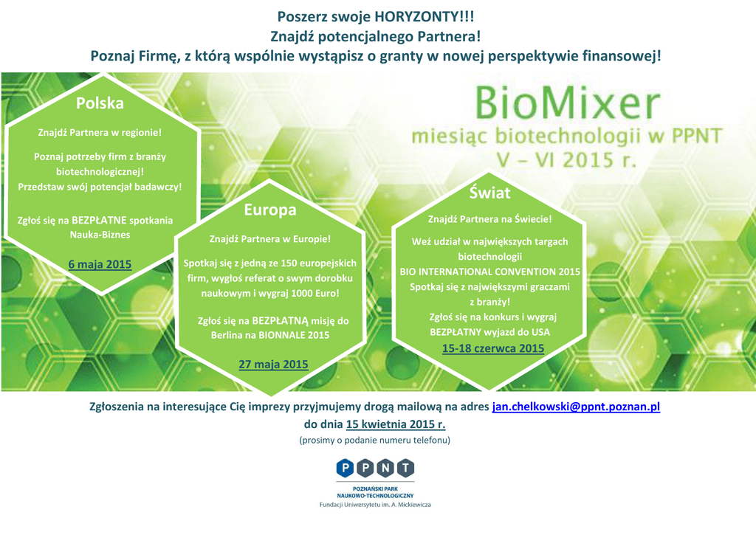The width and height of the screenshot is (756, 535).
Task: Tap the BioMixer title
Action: pos(567,103)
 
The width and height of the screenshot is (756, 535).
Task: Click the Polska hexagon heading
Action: pos(100,103)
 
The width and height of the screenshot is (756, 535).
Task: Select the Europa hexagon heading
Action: pos(270,210)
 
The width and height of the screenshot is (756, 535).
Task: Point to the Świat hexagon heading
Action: pos(490,193)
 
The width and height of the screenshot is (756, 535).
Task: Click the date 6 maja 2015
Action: pos(100,264)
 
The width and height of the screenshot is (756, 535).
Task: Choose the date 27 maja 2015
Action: pos(273,365)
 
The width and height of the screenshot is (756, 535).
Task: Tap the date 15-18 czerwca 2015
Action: pos(493,348)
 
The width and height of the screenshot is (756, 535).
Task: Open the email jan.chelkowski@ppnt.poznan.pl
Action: pos(576,407)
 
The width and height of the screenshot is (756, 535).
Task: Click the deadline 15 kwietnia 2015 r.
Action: pos(396,424)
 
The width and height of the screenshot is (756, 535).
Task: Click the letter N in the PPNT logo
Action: pos(385,468)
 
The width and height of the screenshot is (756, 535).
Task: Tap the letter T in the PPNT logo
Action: pos(406,468)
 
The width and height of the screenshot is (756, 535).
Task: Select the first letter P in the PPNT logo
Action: pos(345,468)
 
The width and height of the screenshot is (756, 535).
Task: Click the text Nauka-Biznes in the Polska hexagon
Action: pos(100,235)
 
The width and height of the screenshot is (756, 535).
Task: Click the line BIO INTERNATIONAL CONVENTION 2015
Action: pos(490,272)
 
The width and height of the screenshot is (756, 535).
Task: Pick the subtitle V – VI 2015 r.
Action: pos(566,160)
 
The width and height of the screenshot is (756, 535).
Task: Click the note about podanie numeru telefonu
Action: pos(374,440)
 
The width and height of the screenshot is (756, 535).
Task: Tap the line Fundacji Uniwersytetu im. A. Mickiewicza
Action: pos(375,505)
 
